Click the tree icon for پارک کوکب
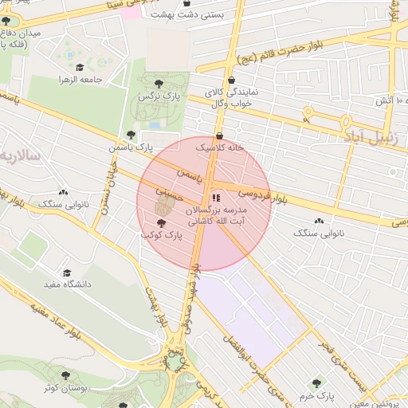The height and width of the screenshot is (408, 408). coord(162,223)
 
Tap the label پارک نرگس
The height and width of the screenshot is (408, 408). coord(156,96)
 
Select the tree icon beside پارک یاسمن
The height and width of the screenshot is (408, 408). coord(131,135)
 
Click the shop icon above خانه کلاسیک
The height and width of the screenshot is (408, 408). coord(219,135)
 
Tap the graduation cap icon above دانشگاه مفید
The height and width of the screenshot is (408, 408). coord(67,272)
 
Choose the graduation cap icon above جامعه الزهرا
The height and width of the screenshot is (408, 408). coord(79,68)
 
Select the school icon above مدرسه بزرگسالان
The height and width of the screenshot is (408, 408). coord(215,198)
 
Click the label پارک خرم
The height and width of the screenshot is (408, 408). coord(317,395)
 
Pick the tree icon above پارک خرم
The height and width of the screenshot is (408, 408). coord(319,383)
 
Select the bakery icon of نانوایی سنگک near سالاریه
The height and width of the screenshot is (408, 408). coord(63,191)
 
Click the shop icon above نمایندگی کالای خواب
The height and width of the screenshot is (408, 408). coord(230,80)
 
